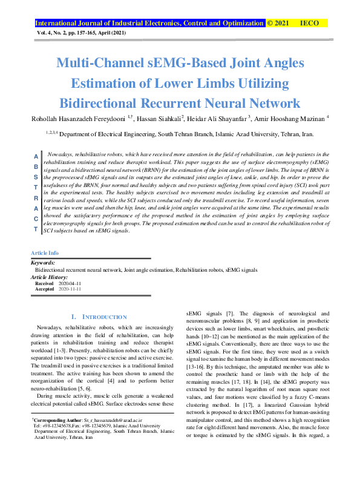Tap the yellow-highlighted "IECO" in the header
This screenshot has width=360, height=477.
(309, 23)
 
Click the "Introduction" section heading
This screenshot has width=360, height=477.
(100, 317)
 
